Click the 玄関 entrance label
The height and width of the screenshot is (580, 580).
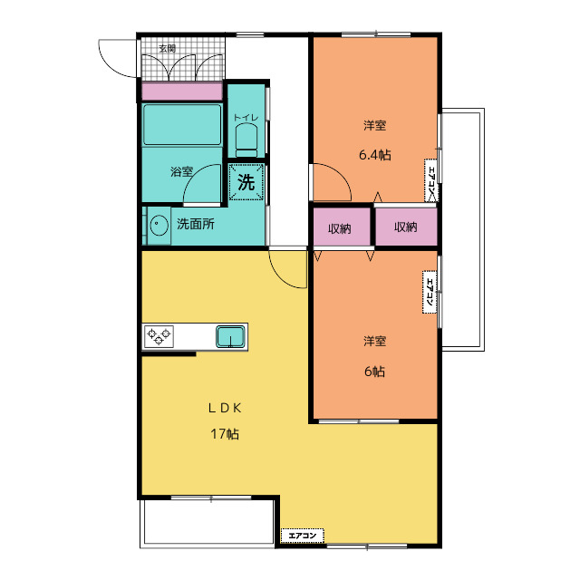click(167, 48)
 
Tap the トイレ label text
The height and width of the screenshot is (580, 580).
click(246, 118)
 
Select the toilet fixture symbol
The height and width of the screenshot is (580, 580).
click(246, 140)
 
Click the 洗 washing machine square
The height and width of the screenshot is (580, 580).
click(246, 181)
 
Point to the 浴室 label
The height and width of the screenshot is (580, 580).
click(181, 171)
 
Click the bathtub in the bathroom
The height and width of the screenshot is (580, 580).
click(182, 125)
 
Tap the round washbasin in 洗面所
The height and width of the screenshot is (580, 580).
click(159, 226)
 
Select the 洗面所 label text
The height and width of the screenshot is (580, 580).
click(196, 224)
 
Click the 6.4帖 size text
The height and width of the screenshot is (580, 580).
click(374, 155)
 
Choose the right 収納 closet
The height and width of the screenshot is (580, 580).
click(406, 227)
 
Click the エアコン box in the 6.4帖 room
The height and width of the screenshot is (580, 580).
click(431, 180)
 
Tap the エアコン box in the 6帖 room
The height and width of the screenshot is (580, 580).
click(430, 292)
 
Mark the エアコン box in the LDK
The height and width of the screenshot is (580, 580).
click(303, 536)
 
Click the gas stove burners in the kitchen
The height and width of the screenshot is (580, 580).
click(159, 336)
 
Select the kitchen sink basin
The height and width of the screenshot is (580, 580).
click(230, 336)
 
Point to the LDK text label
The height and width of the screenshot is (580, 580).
click(225, 408)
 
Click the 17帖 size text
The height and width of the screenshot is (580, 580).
click(225, 433)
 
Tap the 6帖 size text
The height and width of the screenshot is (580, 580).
click(374, 371)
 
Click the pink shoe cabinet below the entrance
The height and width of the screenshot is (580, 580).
click(182, 92)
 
